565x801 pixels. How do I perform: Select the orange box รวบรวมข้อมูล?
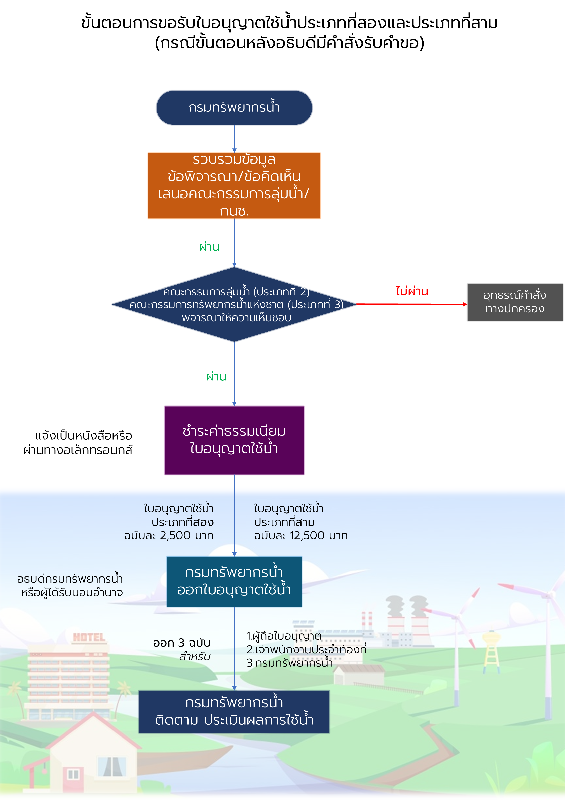point(234,186)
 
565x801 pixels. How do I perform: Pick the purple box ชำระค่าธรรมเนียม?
point(234,440)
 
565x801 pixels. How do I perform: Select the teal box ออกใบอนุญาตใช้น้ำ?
point(234,582)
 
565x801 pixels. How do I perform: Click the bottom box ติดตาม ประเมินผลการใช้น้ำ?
point(234,712)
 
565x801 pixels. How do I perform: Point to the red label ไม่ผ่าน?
point(412,291)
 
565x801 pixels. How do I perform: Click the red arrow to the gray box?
point(411,304)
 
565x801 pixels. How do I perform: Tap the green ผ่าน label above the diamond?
point(209,247)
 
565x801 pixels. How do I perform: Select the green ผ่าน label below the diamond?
point(216,377)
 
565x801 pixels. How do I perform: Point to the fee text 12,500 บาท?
point(301,535)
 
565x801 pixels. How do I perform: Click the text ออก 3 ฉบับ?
point(182,643)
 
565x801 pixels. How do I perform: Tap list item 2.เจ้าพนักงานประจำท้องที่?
point(306,650)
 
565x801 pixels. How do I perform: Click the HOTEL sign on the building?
point(89,638)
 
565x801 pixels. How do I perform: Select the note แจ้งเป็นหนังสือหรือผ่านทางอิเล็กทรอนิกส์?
point(78,443)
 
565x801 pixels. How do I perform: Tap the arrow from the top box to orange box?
point(234,139)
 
